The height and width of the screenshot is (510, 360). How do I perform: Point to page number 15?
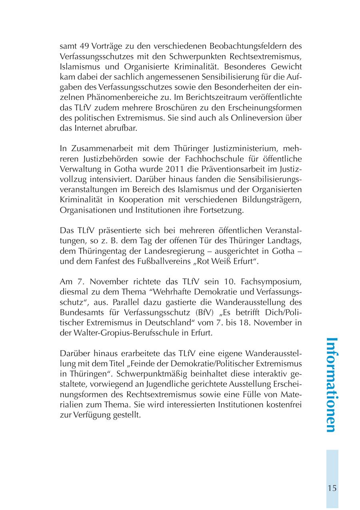point(332,488)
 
